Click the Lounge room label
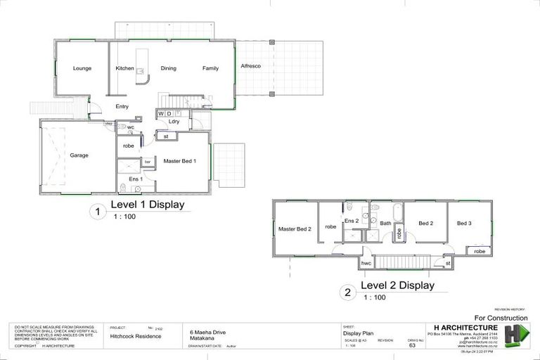[82, 68]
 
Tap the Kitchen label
[124, 68]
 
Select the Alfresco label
[250, 65]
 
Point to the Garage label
[79, 155]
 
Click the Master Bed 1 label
[180, 161]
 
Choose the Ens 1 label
[136, 179]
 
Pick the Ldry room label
[174, 122]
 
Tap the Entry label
[122, 106]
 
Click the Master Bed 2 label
[295, 229]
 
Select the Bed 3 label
[464, 223]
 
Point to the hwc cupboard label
[366, 263]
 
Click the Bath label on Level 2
[385, 224]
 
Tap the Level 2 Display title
[397, 285]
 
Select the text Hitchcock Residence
[134, 337]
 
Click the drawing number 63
[412, 346]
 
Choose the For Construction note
[501, 318]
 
